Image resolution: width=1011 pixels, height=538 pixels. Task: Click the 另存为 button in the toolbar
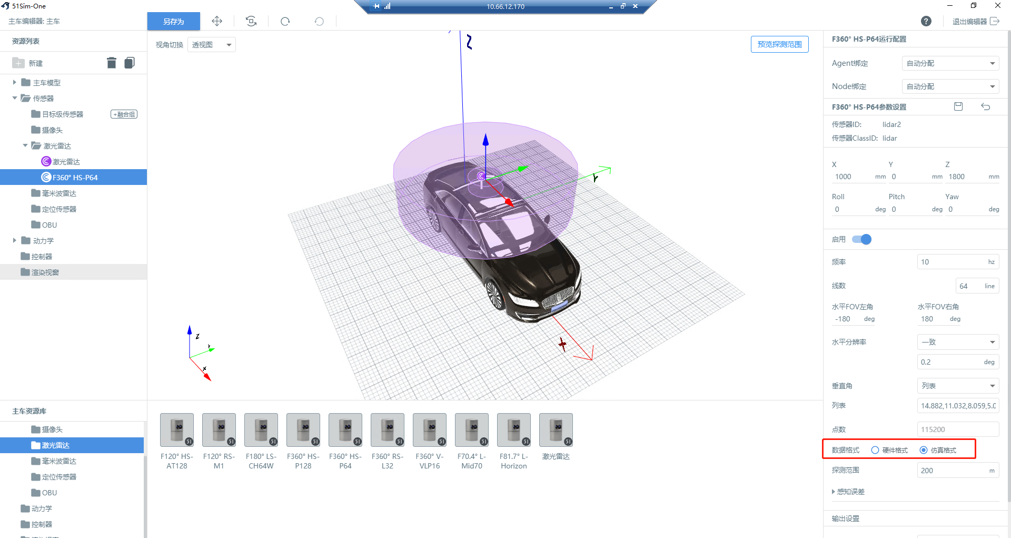coord(173,22)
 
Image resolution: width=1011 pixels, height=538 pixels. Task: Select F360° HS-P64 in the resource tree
coord(75,178)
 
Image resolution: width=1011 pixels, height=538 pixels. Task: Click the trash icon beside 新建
coord(111,63)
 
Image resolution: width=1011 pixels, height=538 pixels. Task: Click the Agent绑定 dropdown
coord(950,63)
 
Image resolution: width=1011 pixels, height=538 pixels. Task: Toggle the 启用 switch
coord(862,239)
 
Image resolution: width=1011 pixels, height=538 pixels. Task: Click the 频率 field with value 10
coord(958,262)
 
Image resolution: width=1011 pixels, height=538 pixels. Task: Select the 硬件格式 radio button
coord(875,450)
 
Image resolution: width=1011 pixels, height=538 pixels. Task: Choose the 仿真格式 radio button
coord(924,450)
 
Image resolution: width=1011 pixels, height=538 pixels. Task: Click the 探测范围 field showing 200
coord(958,471)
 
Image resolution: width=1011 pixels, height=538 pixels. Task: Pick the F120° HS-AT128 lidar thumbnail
coord(177,430)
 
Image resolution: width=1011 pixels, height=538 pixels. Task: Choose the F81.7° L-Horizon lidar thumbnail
coord(514,430)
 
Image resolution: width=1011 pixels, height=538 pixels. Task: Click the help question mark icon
coord(926,21)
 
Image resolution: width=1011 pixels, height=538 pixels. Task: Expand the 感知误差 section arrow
coord(834,492)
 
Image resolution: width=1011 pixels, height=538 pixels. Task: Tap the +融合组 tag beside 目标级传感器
coord(124,114)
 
